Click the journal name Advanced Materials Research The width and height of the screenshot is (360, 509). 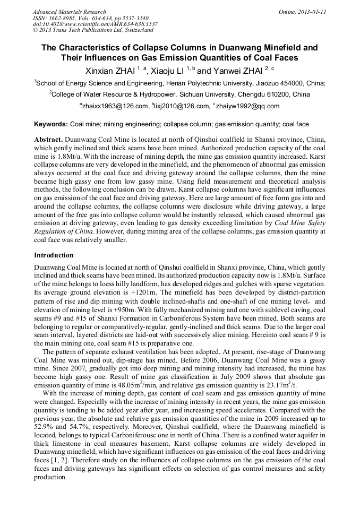[69, 12]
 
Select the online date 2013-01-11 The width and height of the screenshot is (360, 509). [311, 12]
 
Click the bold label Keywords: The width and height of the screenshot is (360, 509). [51, 124]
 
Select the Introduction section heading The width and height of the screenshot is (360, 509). [54, 255]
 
